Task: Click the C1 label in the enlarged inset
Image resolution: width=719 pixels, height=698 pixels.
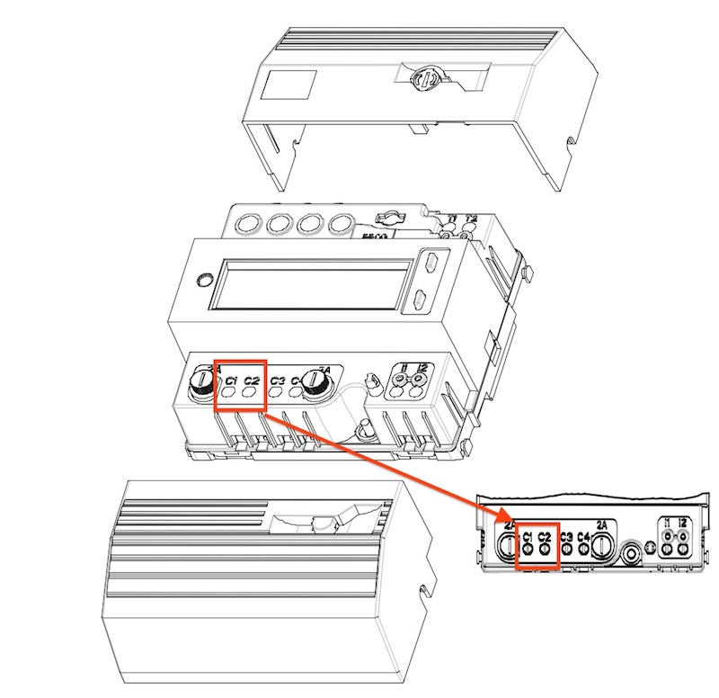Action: (x=528, y=537)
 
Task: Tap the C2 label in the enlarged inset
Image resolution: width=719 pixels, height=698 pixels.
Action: (x=545, y=537)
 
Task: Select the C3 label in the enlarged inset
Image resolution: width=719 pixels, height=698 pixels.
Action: (x=566, y=537)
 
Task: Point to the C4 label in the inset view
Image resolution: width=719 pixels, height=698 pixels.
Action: (x=583, y=537)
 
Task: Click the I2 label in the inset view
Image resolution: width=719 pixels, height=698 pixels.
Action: (x=683, y=523)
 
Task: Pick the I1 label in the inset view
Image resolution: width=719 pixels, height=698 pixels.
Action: (x=667, y=523)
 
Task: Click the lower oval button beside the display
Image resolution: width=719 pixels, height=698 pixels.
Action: (x=420, y=300)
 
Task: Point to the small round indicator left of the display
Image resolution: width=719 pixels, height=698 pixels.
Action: (x=206, y=277)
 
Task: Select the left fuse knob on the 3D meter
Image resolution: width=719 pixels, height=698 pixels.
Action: (x=202, y=384)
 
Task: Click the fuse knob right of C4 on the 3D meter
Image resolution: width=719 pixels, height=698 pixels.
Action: (x=315, y=383)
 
